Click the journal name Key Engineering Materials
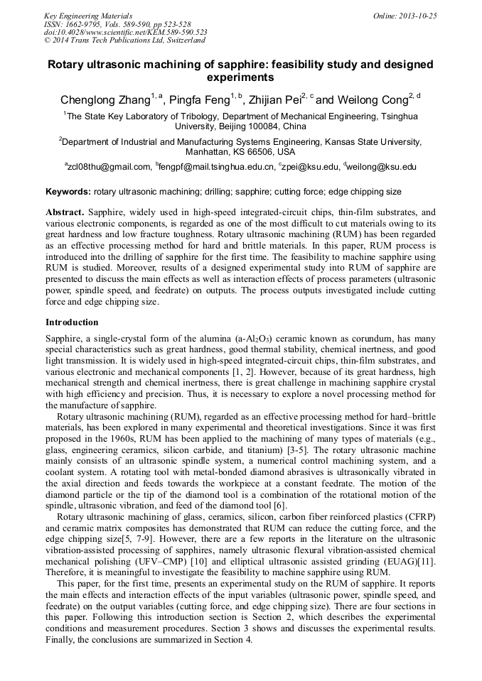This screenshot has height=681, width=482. click(x=88, y=16)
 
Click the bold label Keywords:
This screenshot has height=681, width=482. click(x=68, y=192)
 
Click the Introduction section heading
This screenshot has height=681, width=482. click(x=72, y=322)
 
